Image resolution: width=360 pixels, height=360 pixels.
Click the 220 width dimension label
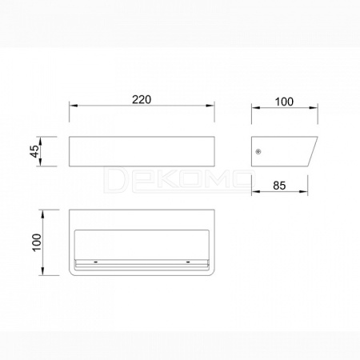[x=142, y=99]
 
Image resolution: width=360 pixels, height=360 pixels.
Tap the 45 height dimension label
[x=36, y=151]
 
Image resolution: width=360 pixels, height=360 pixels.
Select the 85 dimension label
[x=279, y=186]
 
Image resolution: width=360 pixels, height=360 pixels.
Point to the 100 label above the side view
[x=284, y=102]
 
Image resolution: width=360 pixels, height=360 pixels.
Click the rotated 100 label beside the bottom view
[x=37, y=242]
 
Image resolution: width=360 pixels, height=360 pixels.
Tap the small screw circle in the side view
[x=258, y=152]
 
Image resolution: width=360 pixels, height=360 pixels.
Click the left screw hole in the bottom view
[x=95, y=262]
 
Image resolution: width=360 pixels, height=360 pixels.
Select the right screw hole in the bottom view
[x=188, y=262]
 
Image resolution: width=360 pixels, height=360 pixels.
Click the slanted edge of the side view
[x=313, y=151]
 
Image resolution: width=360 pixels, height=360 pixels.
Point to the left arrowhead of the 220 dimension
[x=73, y=106]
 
